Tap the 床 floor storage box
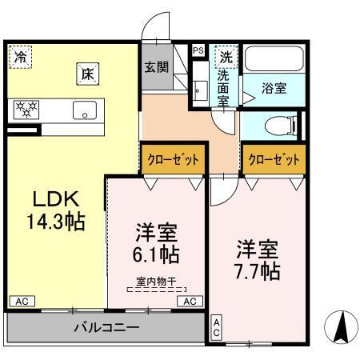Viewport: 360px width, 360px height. pyautogui.click(x=87, y=73)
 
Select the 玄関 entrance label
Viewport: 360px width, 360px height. pyautogui.click(x=156, y=67)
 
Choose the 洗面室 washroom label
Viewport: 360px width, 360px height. pyautogui.click(x=224, y=86)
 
